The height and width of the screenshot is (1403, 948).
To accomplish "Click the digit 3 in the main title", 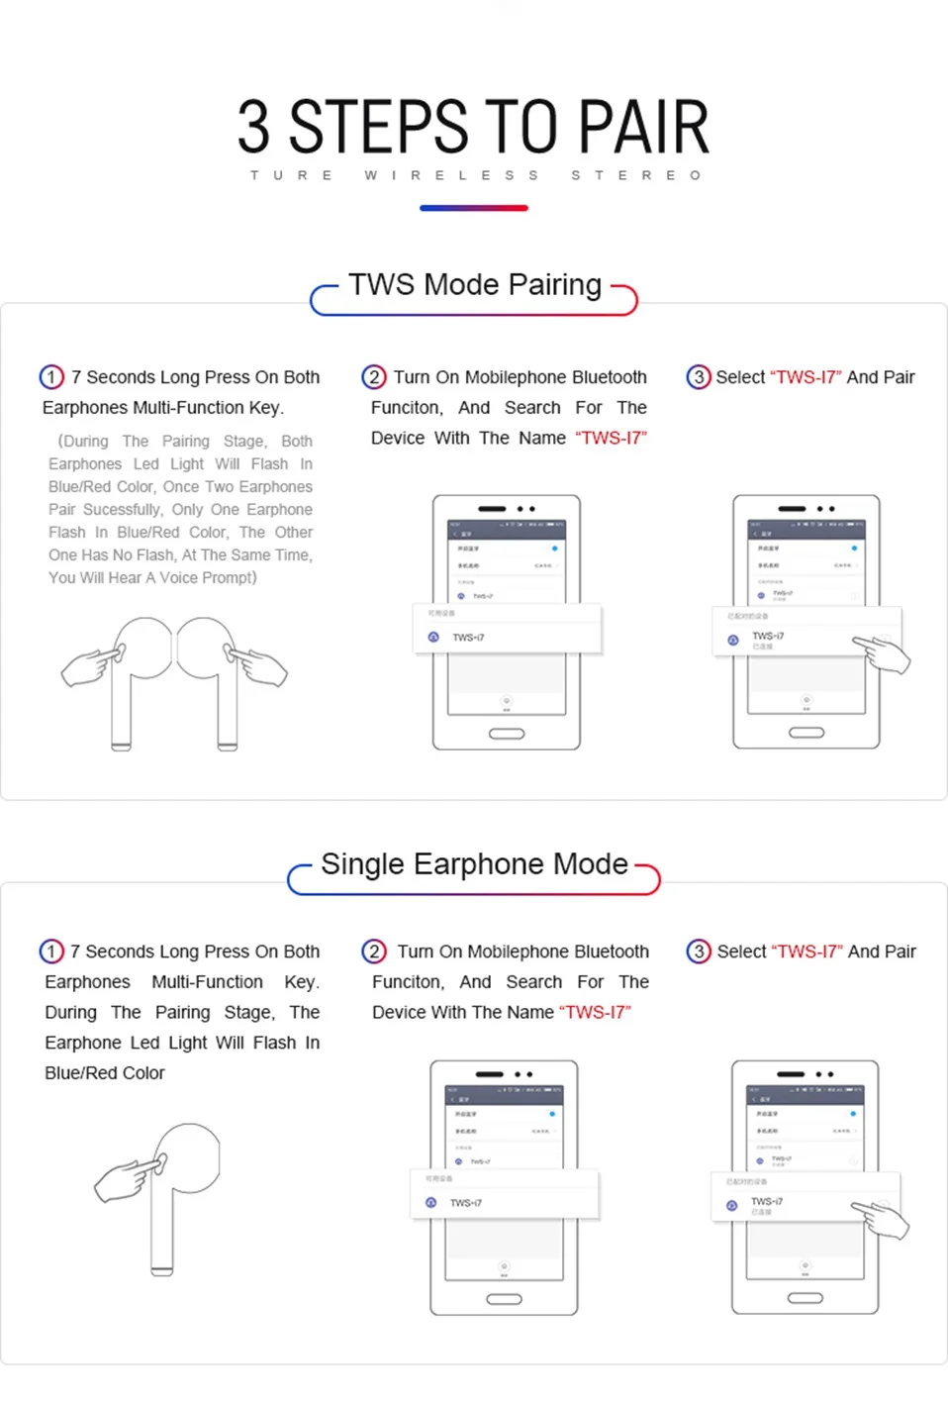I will click(x=253, y=128).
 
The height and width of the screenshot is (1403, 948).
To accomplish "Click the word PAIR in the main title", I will click(x=643, y=128).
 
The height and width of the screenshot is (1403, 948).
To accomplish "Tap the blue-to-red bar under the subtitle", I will click(x=474, y=208).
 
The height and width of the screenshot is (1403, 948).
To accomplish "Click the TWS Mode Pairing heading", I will click(x=474, y=285).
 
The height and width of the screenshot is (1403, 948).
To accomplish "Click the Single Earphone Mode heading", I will click(x=474, y=864).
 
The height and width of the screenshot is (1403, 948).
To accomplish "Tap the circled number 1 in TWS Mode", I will click(x=51, y=377).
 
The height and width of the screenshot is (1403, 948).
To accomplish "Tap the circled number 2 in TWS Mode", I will click(x=374, y=377).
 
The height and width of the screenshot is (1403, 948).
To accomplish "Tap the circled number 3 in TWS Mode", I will click(x=699, y=377).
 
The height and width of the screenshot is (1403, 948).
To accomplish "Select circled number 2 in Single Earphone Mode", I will click(x=374, y=952).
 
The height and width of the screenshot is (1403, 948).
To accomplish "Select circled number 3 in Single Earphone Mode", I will click(x=699, y=952).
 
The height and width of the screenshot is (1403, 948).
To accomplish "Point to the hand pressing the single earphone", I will click(x=127, y=1179).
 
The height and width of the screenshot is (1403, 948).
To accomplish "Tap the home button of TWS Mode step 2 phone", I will click(x=507, y=734).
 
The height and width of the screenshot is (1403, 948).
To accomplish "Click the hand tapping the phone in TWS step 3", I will click(x=884, y=654).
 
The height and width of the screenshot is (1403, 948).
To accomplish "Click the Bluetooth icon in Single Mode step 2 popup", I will click(x=430, y=1203).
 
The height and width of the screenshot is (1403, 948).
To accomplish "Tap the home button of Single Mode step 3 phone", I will click(x=806, y=1298).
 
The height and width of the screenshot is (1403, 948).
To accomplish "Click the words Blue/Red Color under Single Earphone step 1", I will click(x=105, y=1073).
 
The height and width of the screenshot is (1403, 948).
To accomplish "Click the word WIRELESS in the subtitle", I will click(x=452, y=175).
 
